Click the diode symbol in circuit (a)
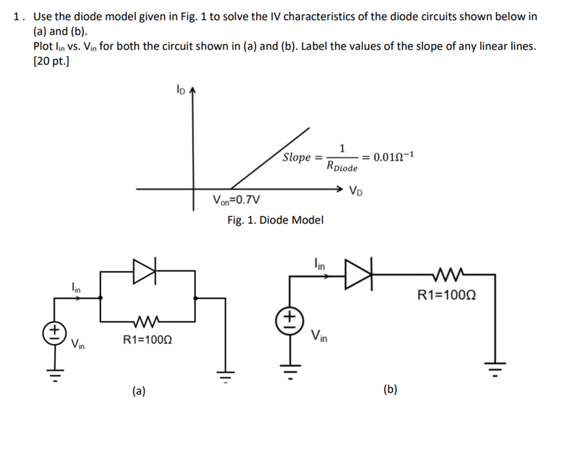pos(145,270)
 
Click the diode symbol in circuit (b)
pos(360,274)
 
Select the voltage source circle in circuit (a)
pos(53,333)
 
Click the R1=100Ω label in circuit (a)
pos(148,339)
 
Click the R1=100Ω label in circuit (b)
pos(447,296)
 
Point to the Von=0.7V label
pos(236,201)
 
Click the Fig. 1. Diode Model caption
pos(275,220)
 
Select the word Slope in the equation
pos(297,157)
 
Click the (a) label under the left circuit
pos(139,391)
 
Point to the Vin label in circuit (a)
pos(78,344)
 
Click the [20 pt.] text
pos(51,61)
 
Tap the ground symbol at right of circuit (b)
pos(495,365)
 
